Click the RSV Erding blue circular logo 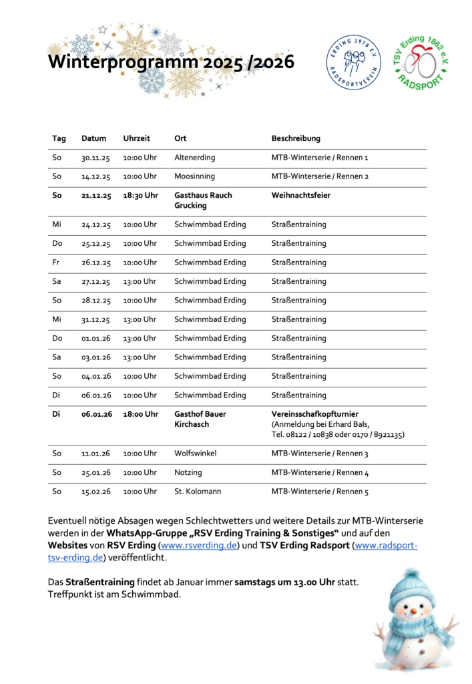353,63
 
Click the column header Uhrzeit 137,138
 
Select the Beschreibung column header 296,138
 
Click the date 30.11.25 95,158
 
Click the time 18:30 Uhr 140,195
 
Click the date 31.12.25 95,319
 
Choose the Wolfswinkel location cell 196,454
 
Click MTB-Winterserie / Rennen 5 320,492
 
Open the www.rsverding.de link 200,546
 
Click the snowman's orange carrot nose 413,611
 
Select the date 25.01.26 95,473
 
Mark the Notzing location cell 188,473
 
